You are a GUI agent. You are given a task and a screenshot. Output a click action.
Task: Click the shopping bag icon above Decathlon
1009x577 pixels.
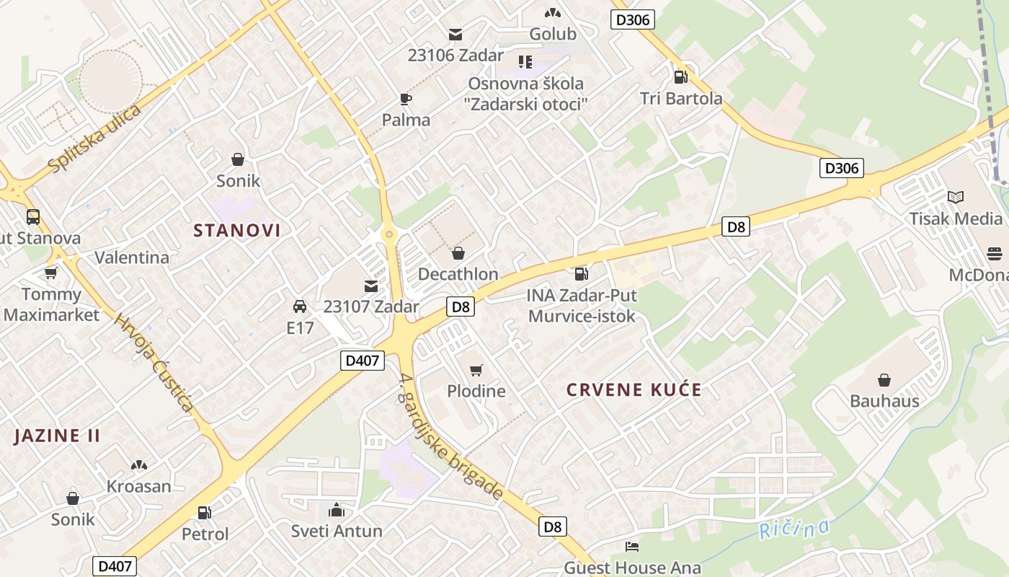tap(458, 253)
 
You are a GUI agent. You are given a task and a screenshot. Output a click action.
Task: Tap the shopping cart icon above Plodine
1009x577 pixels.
tap(476, 371)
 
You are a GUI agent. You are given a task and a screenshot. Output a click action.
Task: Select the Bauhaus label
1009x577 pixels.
tap(884, 401)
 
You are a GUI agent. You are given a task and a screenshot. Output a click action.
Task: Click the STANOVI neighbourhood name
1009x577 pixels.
tap(236, 231)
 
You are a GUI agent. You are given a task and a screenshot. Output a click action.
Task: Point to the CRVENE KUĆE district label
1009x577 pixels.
tap(634, 390)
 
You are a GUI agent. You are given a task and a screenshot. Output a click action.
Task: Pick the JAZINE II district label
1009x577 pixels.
tap(57, 436)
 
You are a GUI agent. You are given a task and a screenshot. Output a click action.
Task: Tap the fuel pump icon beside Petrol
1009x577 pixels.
tap(205, 513)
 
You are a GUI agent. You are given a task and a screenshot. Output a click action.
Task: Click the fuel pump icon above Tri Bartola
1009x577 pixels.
tap(680, 76)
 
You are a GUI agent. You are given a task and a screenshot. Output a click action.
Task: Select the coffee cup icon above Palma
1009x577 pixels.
tap(406, 99)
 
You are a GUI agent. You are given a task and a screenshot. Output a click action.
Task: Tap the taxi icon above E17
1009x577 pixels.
tap(300, 307)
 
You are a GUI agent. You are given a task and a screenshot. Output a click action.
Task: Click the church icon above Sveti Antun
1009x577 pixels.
tap(337, 511)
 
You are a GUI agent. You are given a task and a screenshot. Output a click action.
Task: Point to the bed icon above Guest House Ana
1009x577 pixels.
tap(632, 546)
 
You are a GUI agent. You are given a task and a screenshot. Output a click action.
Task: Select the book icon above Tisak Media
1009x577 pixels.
tap(956, 197)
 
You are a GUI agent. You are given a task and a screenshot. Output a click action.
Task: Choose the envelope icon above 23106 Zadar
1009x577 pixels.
tap(455, 34)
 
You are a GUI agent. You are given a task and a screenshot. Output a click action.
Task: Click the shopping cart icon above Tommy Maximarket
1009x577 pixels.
tap(51, 273)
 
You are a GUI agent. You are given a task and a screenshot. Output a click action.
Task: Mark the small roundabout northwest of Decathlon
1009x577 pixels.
tap(389, 234)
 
